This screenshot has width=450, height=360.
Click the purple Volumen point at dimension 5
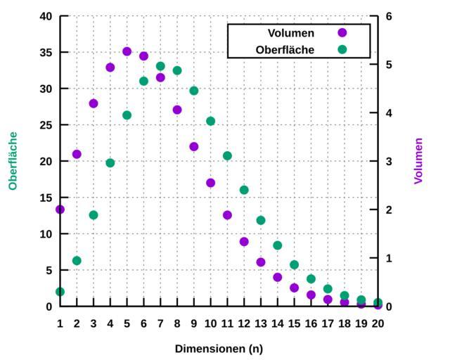pyautogui.click(x=127, y=51)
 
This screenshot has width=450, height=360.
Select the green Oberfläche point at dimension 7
pyautogui.click(x=160, y=67)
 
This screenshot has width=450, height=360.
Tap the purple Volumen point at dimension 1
pyautogui.click(x=60, y=210)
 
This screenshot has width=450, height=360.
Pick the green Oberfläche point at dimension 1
pyautogui.click(x=60, y=292)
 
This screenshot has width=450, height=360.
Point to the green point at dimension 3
pyautogui.click(x=94, y=215)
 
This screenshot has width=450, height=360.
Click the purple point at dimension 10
pyautogui.click(x=210, y=183)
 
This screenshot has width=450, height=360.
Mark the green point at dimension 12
pyautogui.click(x=244, y=190)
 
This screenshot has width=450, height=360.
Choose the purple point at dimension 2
pyautogui.click(x=77, y=154)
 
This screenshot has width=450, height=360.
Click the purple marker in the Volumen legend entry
pyautogui.click(x=342, y=32)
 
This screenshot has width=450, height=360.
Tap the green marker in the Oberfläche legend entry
pyautogui.click(x=342, y=50)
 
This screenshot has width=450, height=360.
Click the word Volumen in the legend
pyautogui.click(x=291, y=32)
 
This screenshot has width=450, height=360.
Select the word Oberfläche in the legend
pyautogui.click(x=285, y=50)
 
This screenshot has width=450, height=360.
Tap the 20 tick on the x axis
pyautogui.click(x=378, y=323)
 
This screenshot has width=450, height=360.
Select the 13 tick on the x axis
pyautogui.click(x=260, y=323)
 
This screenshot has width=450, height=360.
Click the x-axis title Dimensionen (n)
pyautogui.click(x=219, y=349)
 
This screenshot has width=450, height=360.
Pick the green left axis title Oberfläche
pyautogui.click(x=13, y=161)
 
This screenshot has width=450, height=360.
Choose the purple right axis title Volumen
pyautogui.click(x=419, y=161)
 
